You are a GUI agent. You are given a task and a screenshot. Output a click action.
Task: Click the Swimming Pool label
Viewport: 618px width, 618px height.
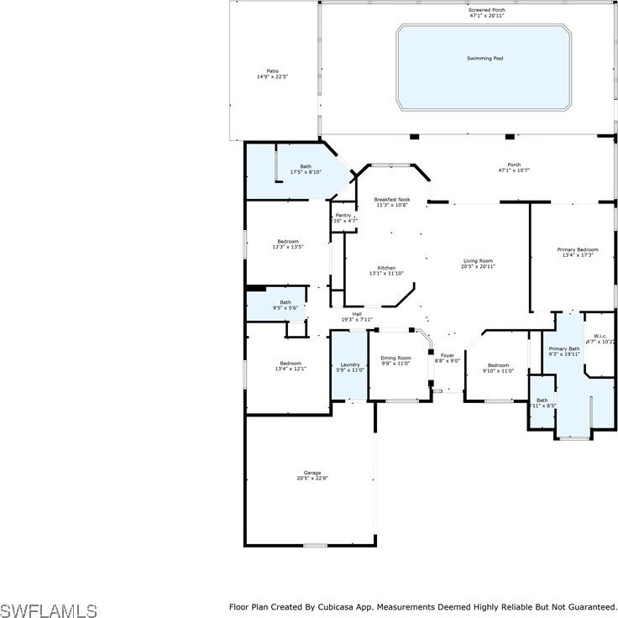coord(485,59)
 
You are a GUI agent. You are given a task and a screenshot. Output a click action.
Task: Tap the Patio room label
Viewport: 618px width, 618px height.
coord(273,71)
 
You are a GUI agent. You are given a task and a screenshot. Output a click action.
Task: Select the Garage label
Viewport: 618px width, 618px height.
coord(312,473)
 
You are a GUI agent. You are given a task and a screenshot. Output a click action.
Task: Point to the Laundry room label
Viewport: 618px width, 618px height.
coord(349,364)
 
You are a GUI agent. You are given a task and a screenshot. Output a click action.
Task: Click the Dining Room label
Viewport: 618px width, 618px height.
coord(396,358)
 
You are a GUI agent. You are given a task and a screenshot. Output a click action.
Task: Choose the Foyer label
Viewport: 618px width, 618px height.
coord(448,355)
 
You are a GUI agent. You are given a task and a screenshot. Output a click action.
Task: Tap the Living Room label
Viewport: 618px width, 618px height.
coord(479,261)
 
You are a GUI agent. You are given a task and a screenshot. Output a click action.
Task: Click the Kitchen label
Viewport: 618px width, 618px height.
coord(386,268)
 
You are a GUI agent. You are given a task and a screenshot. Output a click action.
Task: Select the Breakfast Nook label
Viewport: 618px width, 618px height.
coord(391,200)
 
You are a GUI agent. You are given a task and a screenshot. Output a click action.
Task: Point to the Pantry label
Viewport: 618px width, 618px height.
coord(343,215)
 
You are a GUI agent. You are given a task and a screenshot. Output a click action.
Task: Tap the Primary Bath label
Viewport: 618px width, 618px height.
coord(564,348)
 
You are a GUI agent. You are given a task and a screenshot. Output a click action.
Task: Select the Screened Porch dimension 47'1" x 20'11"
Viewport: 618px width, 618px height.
coord(487,15)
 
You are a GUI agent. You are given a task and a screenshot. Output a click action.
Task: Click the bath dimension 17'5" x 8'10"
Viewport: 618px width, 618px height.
coord(306,172)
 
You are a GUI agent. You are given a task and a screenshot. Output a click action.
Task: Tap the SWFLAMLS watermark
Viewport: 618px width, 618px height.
coord(49,609)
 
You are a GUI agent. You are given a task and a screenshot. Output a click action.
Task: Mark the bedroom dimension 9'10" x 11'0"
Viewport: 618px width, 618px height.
coord(498,370)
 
